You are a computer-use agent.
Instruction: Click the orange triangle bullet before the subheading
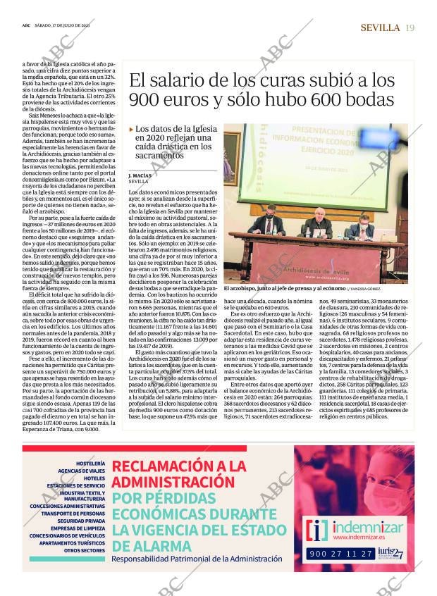pos(131,130)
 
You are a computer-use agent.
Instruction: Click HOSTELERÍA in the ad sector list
pos(91,463)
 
